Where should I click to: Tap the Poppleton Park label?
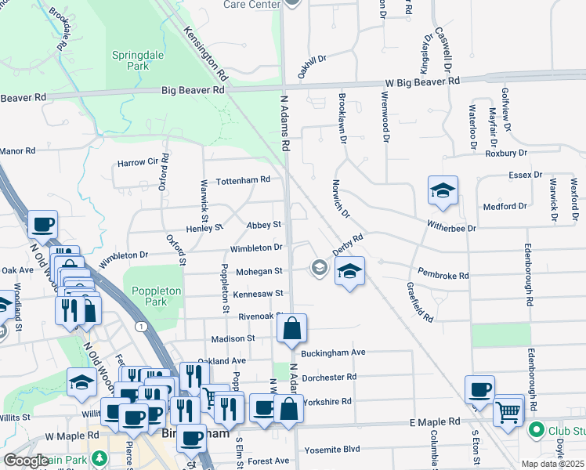156,296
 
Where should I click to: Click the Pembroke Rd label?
443,276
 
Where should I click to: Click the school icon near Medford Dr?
443,190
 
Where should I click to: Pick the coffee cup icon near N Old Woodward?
42,225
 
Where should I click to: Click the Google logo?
26,461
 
